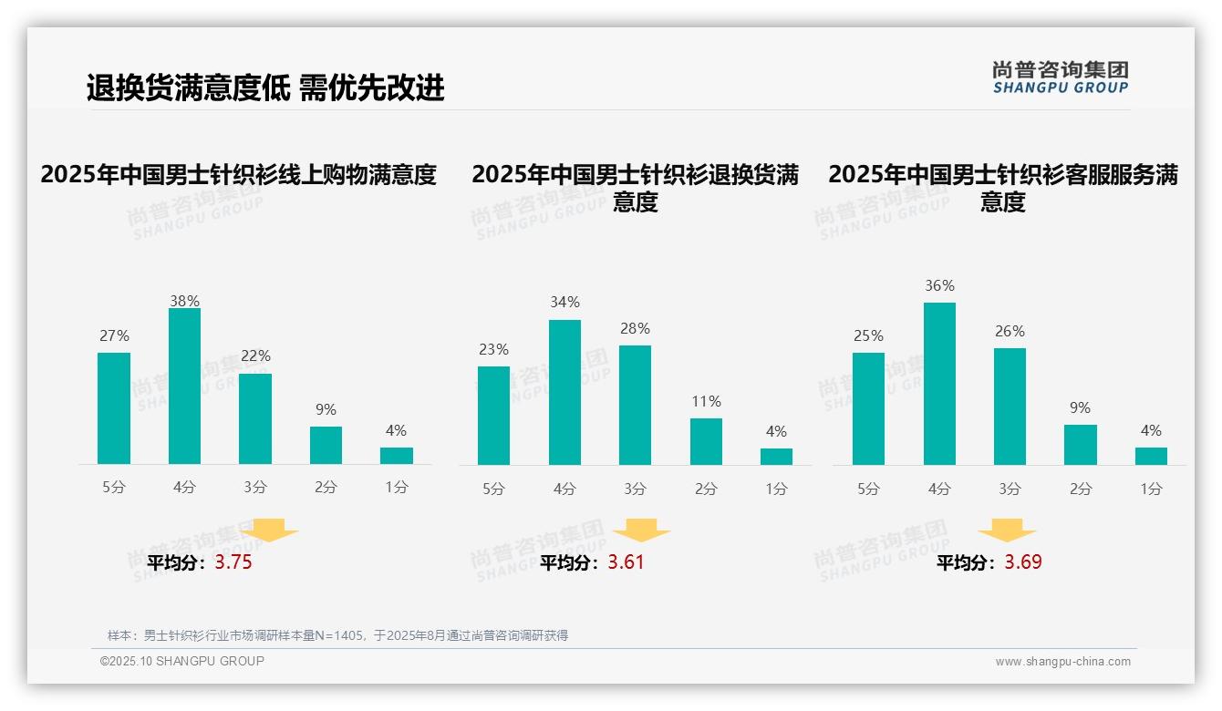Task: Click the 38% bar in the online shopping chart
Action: point(184,386)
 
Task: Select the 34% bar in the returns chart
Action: point(564,392)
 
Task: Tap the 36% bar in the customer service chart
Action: point(939,384)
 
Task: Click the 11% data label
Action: point(706,401)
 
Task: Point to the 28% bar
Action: point(635,405)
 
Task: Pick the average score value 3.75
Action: point(233,562)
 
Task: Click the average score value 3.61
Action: point(627,562)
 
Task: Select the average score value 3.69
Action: point(1023,562)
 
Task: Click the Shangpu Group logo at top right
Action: point(1060,77)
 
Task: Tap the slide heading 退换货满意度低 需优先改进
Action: point(265,88)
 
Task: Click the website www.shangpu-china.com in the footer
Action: point(1062,662)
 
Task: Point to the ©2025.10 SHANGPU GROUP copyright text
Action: point(182,661)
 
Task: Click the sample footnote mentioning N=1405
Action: point(337,635)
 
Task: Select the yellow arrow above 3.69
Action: point(1007,531)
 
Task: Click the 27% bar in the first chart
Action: point(114,408)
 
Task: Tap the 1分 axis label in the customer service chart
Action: point(1151,489)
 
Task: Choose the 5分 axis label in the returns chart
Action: point(493,489)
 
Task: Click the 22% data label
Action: point(255,355)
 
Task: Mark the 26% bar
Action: point(1010,407)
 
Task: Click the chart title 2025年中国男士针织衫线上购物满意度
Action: point(239,174)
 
